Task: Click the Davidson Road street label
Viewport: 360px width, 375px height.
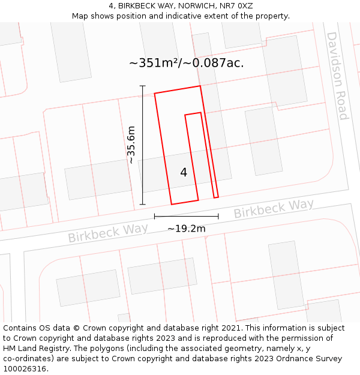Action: coord(337,76)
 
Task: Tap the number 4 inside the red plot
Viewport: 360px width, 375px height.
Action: coord(184,172)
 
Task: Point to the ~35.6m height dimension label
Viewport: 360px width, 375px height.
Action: coord(131,145)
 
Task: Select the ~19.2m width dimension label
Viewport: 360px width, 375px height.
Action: coord(186,228)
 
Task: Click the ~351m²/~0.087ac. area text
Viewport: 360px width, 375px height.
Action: coord(186,62)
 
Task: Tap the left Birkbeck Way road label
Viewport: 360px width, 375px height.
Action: coord(108,233)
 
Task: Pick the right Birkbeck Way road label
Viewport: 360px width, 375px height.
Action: coord(273,208)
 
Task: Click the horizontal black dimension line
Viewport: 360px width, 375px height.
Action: coord(186,216)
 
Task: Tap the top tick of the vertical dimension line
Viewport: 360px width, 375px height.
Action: coord(143,86)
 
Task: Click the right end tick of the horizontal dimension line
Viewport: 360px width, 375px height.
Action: coord(218,216)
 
